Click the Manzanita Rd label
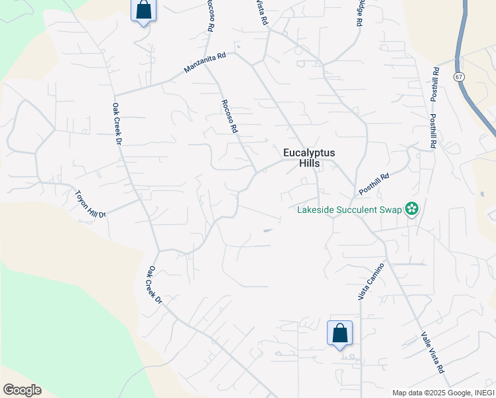205,63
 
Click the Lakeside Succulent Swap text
349,210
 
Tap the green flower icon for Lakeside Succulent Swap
412,210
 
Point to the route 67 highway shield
459,77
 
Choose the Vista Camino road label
371,281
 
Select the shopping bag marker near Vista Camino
340,333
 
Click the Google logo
22,390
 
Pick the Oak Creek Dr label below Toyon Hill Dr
155,285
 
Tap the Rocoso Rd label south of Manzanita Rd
229,116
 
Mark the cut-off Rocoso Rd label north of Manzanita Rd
211,15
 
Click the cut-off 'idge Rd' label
359,13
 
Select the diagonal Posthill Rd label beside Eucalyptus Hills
374,184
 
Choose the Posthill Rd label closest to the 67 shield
435,84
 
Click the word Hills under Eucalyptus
308,163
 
